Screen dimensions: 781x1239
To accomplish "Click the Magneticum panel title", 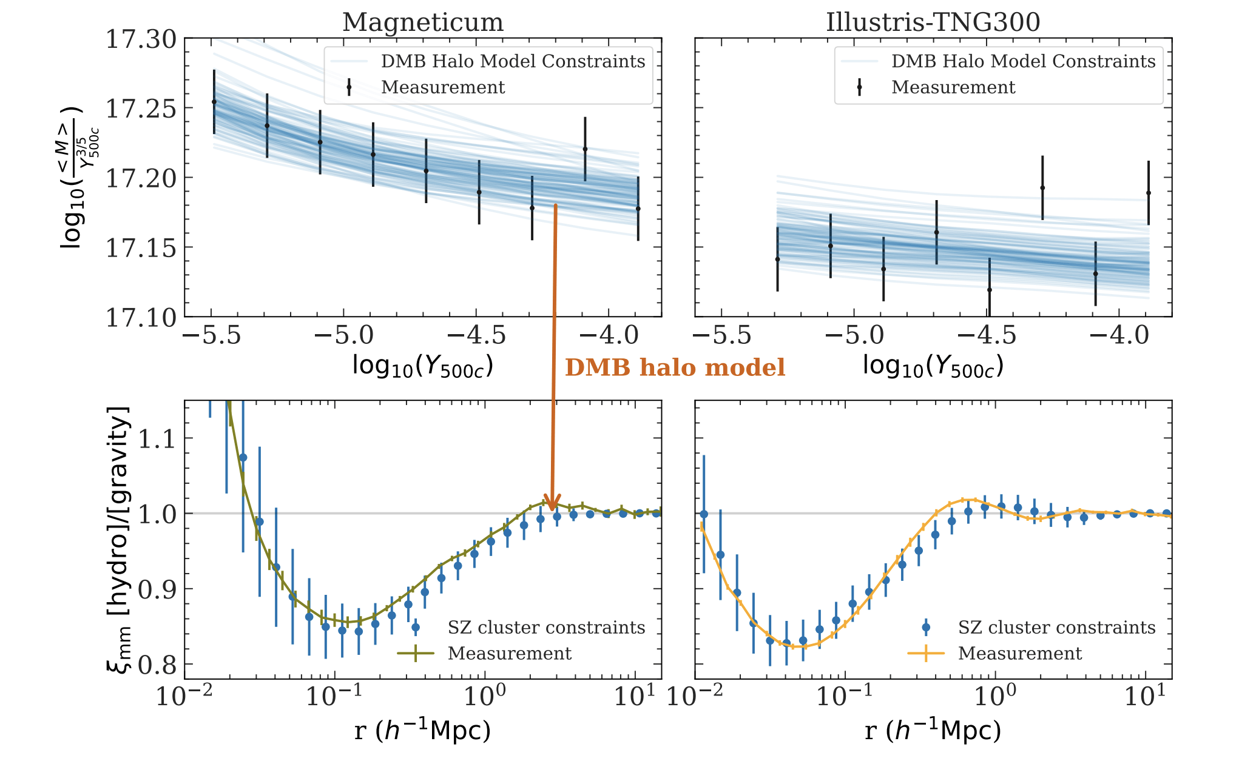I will tap(423, 22).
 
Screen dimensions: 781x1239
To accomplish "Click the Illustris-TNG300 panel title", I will tap(933, 22).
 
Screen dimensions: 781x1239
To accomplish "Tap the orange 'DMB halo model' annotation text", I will tap(675, 367).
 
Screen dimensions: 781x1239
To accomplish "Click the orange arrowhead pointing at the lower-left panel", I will tap(552, 503).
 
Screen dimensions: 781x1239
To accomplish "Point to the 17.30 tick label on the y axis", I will tap(141, 39).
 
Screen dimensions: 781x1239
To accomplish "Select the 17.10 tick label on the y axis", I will tap(141, 317).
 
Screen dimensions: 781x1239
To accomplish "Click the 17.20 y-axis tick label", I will tap(141, 178).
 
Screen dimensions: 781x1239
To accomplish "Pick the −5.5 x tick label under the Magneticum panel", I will tap(211, 335).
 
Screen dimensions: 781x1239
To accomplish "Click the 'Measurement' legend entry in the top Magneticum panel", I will tap(443, 87).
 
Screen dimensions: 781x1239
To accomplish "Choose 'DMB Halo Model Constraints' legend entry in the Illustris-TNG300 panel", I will tap(1023, 61).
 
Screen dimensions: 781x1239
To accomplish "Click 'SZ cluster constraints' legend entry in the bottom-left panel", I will tap(546, 628).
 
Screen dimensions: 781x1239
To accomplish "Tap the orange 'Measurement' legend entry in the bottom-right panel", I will tap(1019, 654).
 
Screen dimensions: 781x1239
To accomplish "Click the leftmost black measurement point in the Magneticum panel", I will tap(214, 102).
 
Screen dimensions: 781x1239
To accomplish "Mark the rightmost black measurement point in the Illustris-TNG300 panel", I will tap(1149, 193).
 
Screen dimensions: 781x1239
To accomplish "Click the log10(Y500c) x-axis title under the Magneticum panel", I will tap(423, 366).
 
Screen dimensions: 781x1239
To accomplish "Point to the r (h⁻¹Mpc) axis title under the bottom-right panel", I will tap(933, 731).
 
